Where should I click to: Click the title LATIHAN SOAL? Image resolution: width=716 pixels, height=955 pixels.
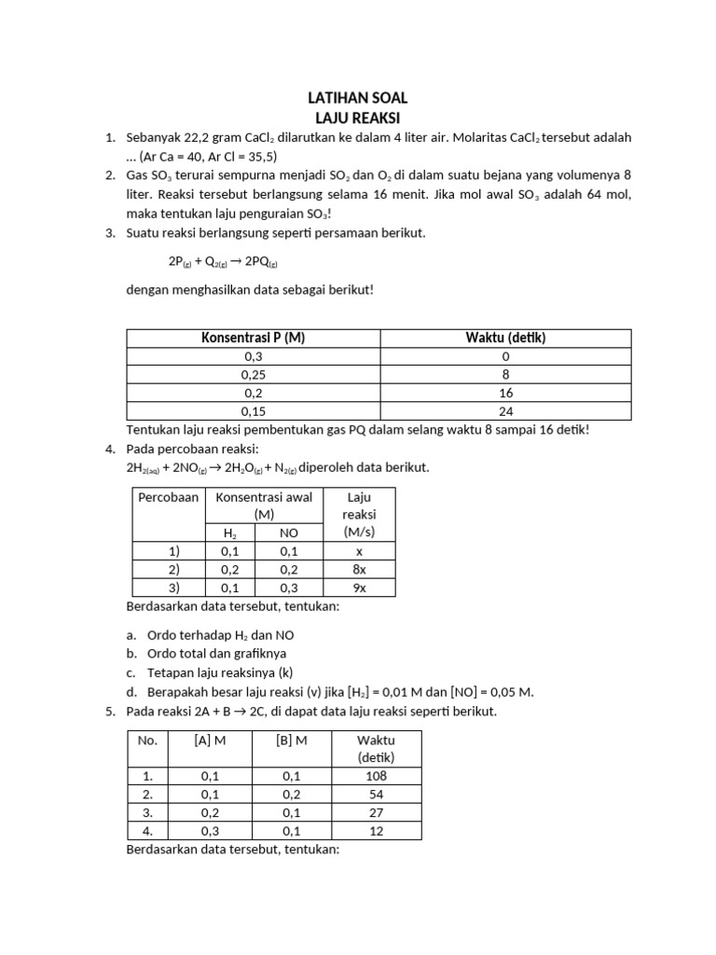[x=358, y=98]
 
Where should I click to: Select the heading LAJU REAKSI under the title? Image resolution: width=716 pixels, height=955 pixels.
[x=358, y=118]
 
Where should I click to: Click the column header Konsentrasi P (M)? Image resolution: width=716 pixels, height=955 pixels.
[x=253, y=338]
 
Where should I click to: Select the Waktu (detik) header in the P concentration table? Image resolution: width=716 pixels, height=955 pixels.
[x=506, y=338]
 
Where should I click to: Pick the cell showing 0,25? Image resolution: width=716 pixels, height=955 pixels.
[x=253, y=374]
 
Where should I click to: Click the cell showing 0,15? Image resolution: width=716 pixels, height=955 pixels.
[x=253, y=410]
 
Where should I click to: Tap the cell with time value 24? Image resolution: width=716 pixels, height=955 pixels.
[x=506, y=410]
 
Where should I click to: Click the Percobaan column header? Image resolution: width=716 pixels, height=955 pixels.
[x=169, y=497]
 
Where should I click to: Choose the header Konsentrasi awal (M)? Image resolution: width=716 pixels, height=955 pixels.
[x=264, y=505]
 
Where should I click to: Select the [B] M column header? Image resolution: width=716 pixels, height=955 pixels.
[x=291, y=740]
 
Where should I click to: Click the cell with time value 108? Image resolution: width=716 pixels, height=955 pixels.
[x=376, y=776]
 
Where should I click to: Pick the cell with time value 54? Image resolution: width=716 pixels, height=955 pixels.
[x=376, y=794]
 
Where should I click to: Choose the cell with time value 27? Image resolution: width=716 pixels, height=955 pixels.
[x=376, y=812]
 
